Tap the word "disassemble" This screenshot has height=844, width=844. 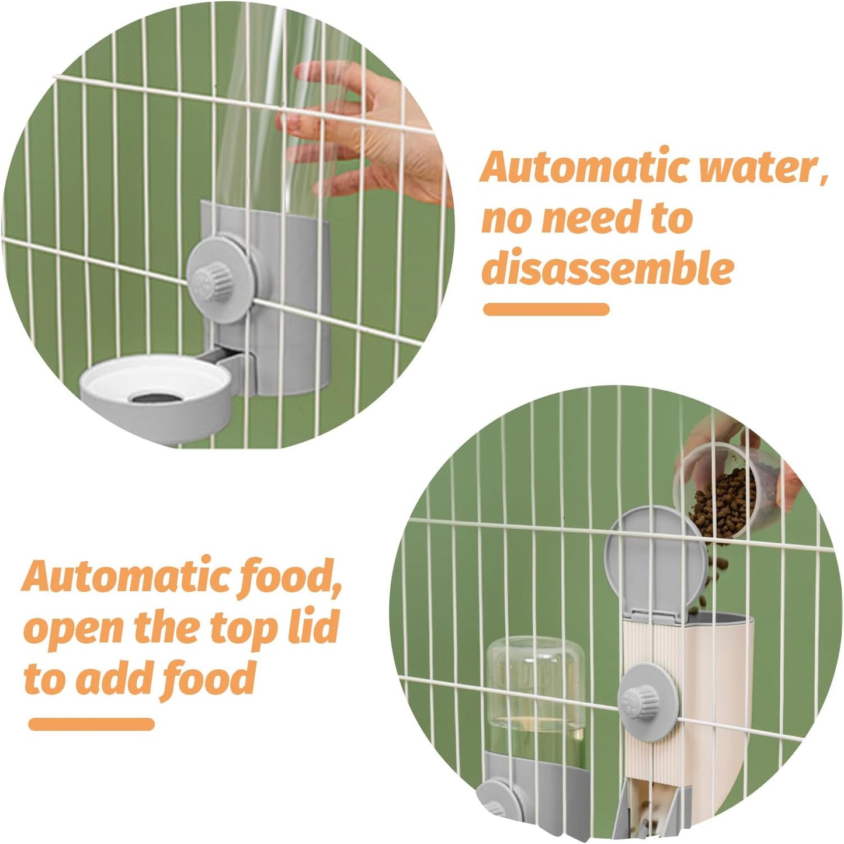pyautogui.click(x=607, y=269)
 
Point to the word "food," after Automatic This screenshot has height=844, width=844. pyautogui.click(x=292, y=577)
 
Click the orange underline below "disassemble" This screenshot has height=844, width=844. pyautogui.click(x=546, y=309)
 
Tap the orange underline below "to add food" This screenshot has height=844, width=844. pyautogui.click(x=91, y=724)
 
